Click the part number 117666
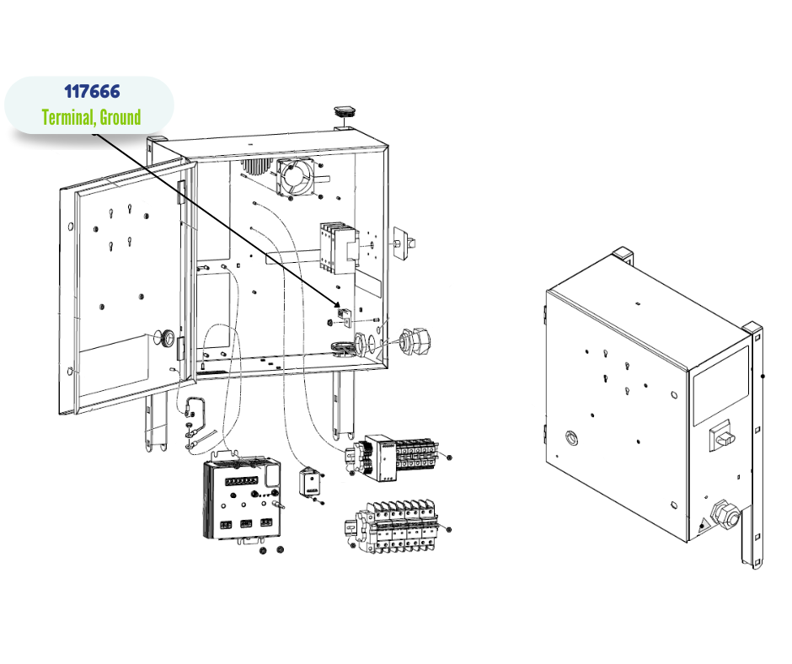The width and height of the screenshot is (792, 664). pos(92,91)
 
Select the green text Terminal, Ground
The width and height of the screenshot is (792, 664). pos(92,117)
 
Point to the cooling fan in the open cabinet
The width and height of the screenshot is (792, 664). pos(294,174)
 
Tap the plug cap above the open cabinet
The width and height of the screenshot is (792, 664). pos(345,111)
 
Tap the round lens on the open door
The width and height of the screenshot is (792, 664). pos(168,339)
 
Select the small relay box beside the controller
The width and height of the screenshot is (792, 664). pos(309,483)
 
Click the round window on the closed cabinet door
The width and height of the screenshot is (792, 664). pos(572,438)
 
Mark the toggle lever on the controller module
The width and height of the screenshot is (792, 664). pos(282,506)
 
